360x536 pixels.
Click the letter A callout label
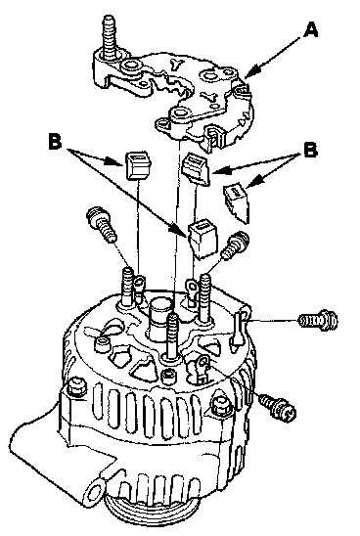pyautogui.click(x=311, y=30)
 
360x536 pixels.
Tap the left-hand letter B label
pyautogui.click(x=55, y=141)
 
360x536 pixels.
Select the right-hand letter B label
pyautogui.click(x=310, y=150)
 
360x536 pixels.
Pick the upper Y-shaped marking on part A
pyautogui.click(x=178, y=64)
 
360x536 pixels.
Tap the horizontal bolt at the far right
pyautogui.click(x=319, y=320)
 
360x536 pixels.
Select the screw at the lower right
pyautogui.click(x=277, y=407)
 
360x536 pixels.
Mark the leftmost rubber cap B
pyautogui.click(x=139, y=166)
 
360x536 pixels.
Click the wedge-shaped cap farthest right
pyautogui.click(x=237, y=202)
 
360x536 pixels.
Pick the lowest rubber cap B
pyautogui.click(x=203, y=239)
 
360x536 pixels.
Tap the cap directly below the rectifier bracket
pyautogui.click(x=196, y=169)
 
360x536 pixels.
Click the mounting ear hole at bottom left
pyautogui.click(x=96, y=492)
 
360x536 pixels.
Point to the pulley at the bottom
pyautogui.click(x=137, y=522)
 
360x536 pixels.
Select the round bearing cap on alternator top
pyautogui.click(x=159, y=314)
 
